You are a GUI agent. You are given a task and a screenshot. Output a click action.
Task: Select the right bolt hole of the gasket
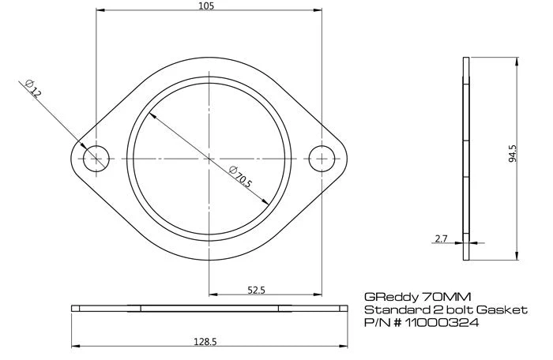pos(322,158)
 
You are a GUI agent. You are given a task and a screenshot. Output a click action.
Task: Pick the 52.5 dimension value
pos(256,291)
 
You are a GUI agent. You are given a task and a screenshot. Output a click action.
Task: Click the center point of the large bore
pos(209,158)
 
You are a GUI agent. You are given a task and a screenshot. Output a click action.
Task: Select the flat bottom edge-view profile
pos(209,308)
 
